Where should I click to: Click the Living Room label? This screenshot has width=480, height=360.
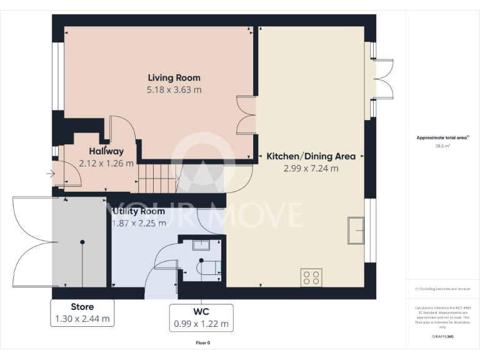174,77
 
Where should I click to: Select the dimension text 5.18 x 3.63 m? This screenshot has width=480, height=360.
174,90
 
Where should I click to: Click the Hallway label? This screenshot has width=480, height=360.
106,151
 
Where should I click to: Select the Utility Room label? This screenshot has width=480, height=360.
138,212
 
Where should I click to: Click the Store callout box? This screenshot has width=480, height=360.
82,312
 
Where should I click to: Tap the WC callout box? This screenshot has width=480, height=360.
201,317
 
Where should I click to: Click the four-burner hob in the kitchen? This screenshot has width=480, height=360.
311,277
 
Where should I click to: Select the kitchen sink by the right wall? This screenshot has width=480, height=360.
356,230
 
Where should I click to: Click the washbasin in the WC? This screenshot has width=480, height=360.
201,244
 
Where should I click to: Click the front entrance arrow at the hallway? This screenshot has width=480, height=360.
50,174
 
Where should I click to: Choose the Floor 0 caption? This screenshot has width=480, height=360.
202,343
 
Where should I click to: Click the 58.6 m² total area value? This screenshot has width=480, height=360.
442,146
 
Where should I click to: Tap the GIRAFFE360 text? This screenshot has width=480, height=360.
442,337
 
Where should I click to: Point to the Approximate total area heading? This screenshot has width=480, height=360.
442,137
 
